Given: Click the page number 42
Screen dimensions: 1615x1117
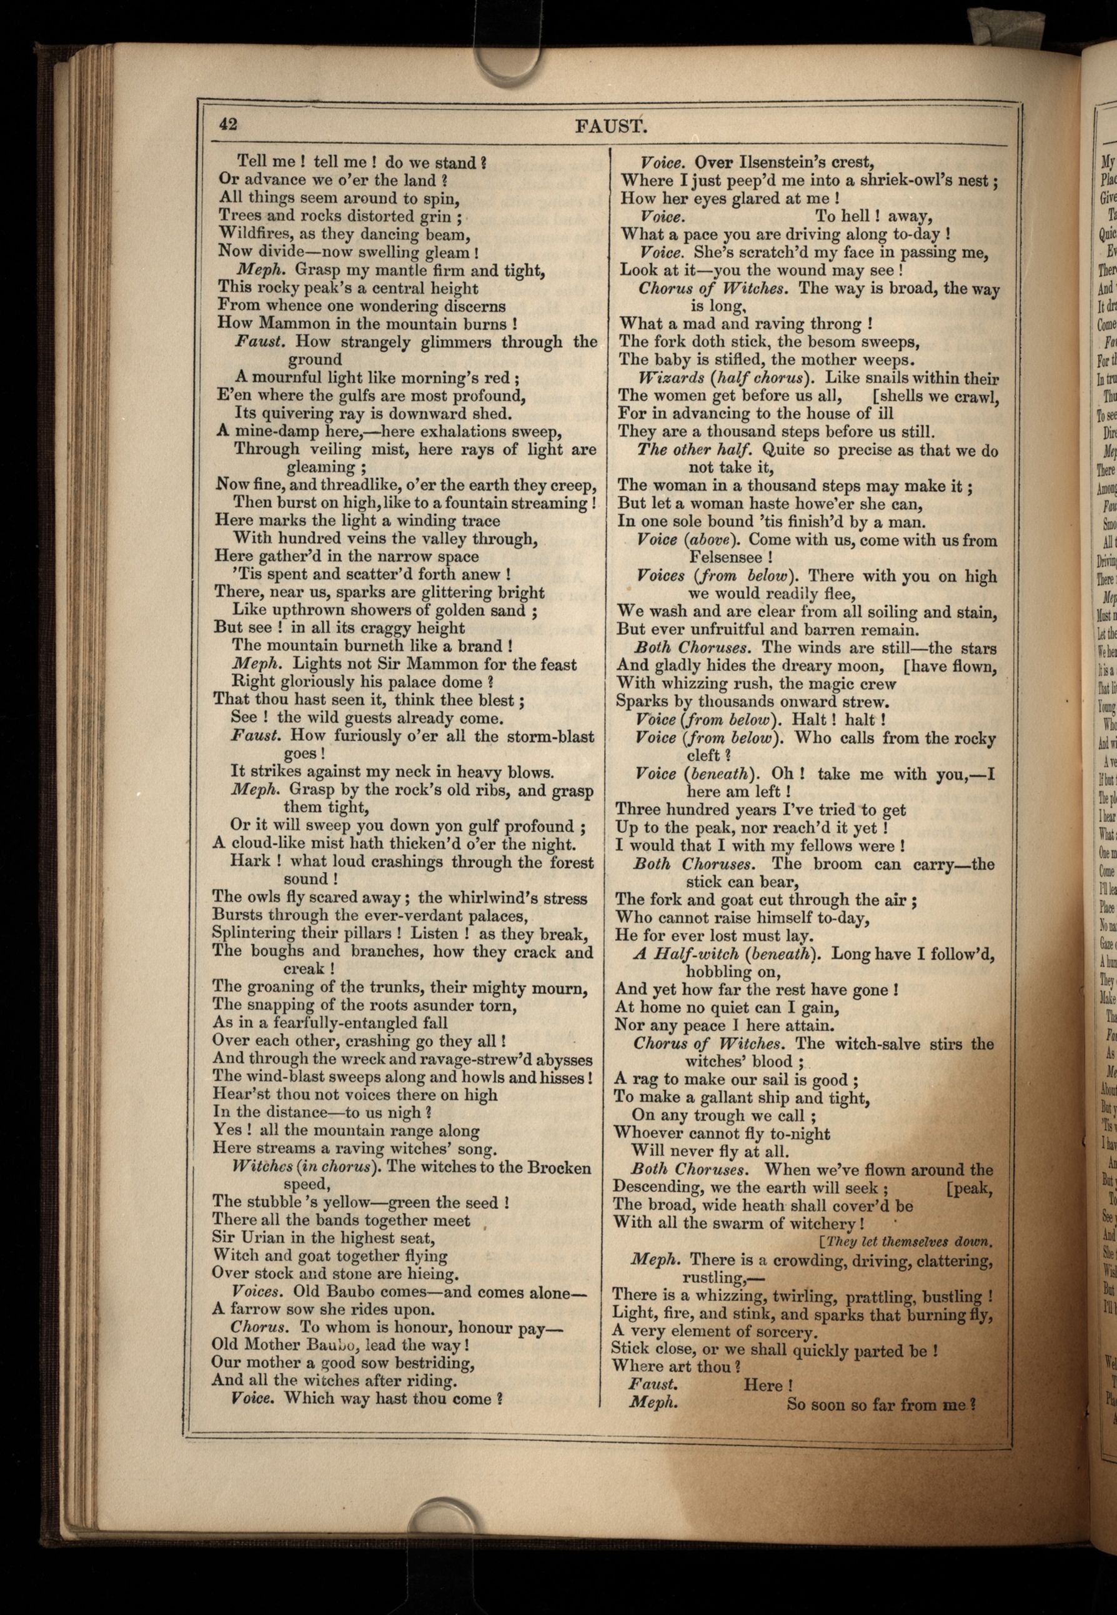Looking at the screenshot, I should tap(228, 124).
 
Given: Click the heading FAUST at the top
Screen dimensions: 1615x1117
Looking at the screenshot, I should tap(610, 127).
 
